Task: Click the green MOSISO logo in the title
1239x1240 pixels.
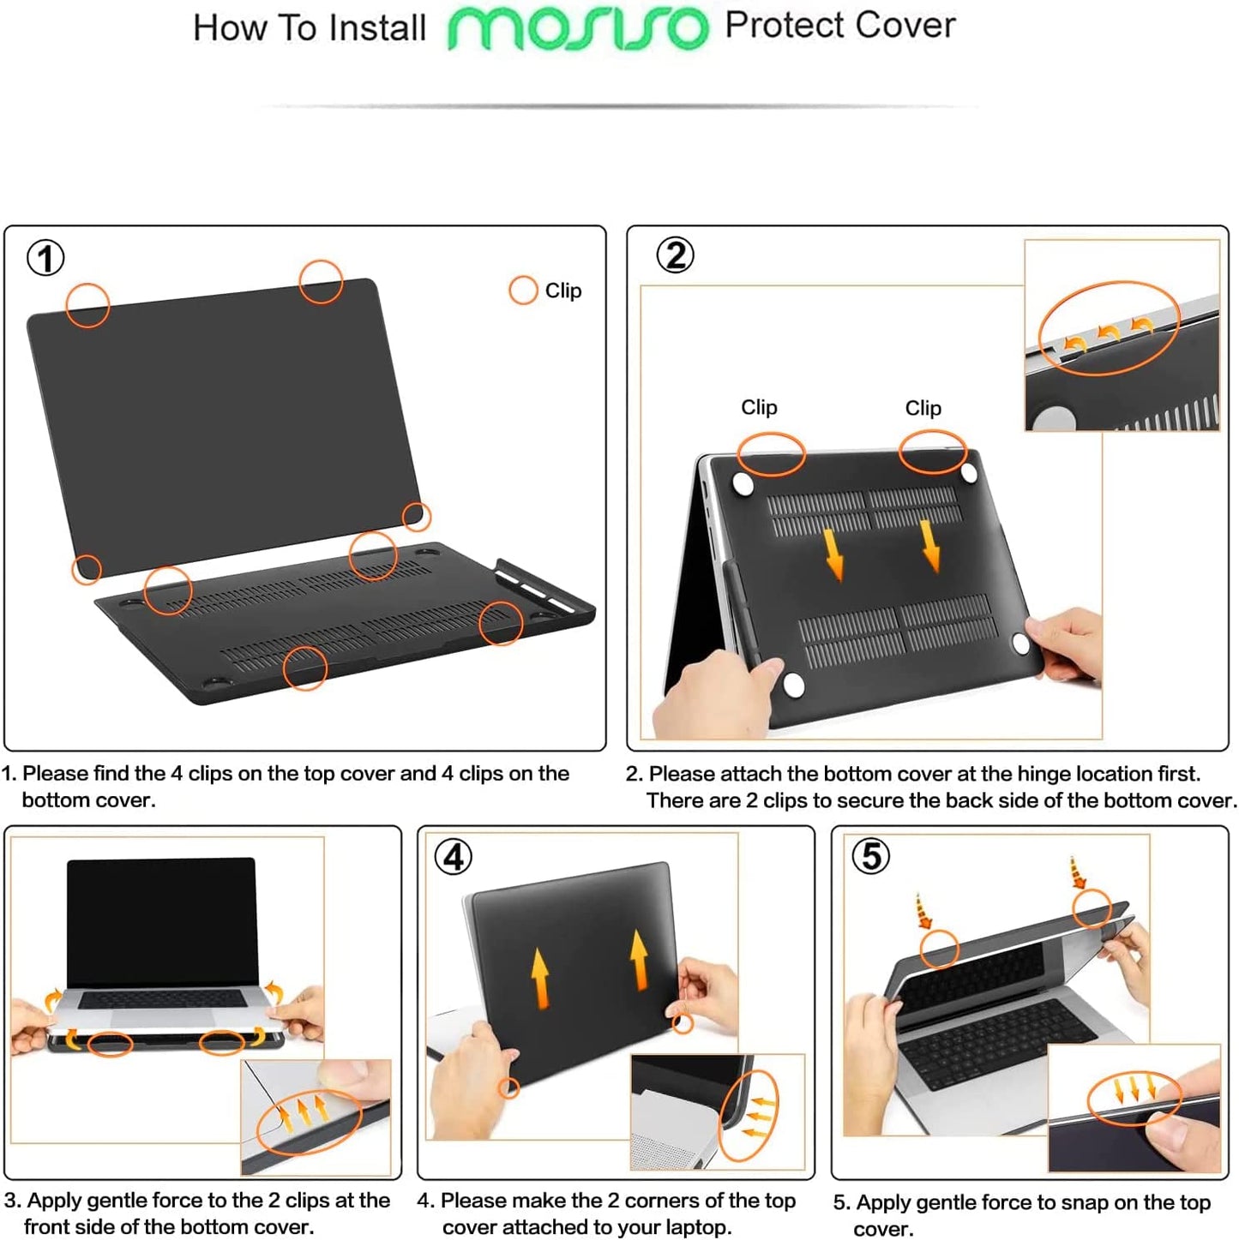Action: tap(578, 28)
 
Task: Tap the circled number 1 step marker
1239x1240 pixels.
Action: tap(45, 258)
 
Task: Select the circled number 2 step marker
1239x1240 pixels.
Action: tap(675, 255)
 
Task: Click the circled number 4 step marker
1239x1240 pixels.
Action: tap(454, 856)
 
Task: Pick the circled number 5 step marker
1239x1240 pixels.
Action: tap(870, 855)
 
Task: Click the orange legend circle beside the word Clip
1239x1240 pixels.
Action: tap(523, 291)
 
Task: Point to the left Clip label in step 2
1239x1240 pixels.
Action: tap(759, 407)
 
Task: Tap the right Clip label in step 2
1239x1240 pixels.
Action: tap(923, 408)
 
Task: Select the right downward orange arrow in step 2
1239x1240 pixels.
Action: tap(930, 545)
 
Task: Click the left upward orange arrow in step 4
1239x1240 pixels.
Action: tap(539, 977)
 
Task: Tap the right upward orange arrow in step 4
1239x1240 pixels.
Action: tap(639, 960)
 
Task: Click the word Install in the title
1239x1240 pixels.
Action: tap(377, 28)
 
